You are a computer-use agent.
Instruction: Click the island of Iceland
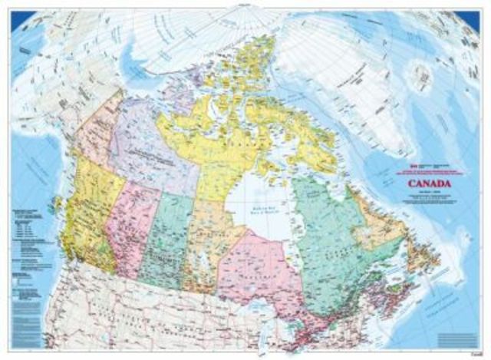pos(420,77)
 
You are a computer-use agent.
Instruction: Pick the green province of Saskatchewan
pos(165,238)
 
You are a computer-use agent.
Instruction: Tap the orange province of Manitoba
pos(203,242)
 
